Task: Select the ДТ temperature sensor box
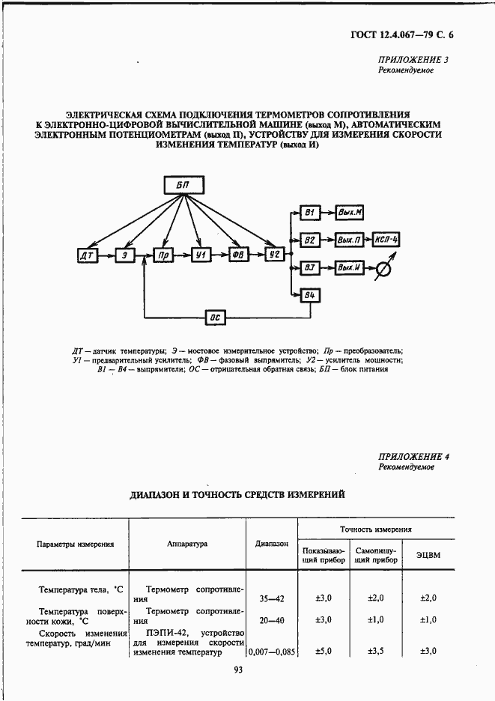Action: click(x=84, y=255)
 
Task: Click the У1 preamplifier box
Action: click(x=200, y=255)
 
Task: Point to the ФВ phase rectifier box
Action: click(x=237, y=255)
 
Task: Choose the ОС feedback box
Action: click(x=216, y=318)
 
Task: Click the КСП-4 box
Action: click(x=387, y=240)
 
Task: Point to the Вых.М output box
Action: click(x=349, y=213)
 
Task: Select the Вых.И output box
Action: click(x=349, y=267)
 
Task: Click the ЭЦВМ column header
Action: click(x=429, y=554)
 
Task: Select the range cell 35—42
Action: click(x=272, y=598)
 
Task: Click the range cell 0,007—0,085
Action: click(x=272, y=652)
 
